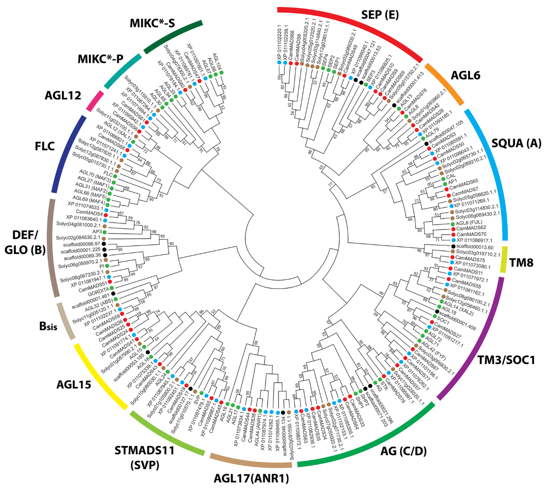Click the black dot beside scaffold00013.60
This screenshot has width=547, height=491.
[453, 246]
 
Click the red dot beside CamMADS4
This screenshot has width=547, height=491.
[106, 215]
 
